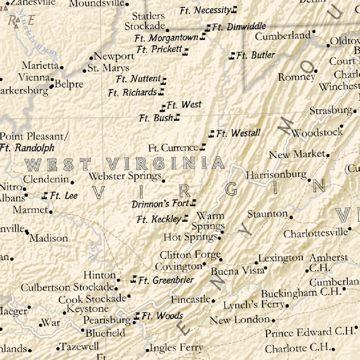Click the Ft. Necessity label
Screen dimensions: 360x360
(205, 11)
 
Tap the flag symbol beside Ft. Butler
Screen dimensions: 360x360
(232, 56)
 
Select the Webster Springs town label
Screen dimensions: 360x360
(125, 176)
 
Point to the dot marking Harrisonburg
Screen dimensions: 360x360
(309, 180)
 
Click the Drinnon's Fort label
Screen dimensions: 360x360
(160, 204)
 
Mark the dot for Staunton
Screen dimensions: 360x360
(291, 217)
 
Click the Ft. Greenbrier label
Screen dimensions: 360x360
(166, 280)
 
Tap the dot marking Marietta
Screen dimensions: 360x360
(62, 67)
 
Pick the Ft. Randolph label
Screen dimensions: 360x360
(27, 148)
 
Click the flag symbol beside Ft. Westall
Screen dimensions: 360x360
(212, 134)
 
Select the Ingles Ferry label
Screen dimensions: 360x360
(176, 348)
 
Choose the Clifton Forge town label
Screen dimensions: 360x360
(190, 255)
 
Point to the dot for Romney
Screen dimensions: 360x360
(316, 71)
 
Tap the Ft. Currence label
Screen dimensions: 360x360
(173, 148)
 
